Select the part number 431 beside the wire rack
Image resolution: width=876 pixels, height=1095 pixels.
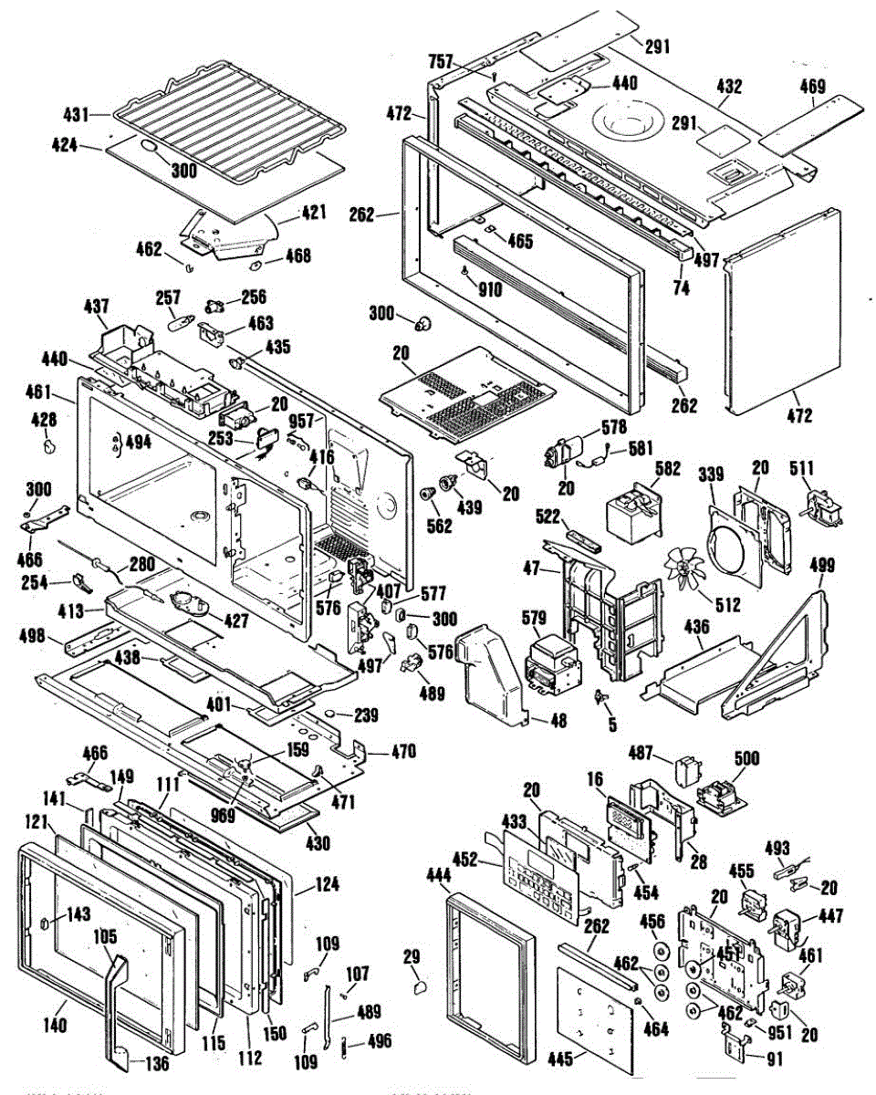pos(75,116)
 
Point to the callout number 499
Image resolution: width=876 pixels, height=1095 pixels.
pos(822,566)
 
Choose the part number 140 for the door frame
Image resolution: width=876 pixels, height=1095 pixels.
pos(56,1026)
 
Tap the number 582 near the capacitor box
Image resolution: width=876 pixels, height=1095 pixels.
pos(668,468)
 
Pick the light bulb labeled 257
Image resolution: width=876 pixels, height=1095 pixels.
pos(182,322)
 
